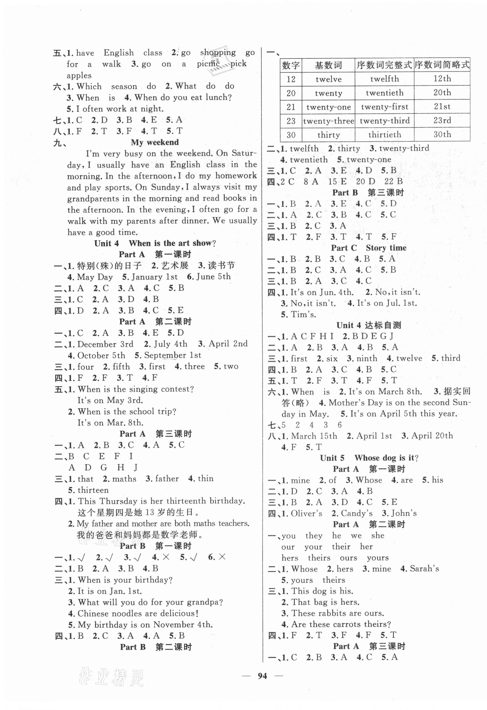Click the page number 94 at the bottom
pyautogui.click(x=262, y=676)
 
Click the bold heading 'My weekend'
pyautogui.click(x=155, y=142)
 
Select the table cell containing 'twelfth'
pyautogui.click(x=384, y=79)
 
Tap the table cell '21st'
pyautogui.click(x=442, y=107)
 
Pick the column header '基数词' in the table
pyautogui.click(x=328, y=65)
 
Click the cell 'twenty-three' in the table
pyautogui.click(x=328, y=121)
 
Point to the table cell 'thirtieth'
pyautogui.click(x=384, y=135)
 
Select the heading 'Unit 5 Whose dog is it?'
pyautogui.click(x=369, y=458)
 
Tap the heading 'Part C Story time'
pyautogui.click(x=368, y=248)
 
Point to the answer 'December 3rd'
pyautogui.click(x=105, y=344)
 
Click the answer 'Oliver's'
pyautogui.click(x=306, y=513)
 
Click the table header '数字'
pyautogui.click(x=291, y=65)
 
